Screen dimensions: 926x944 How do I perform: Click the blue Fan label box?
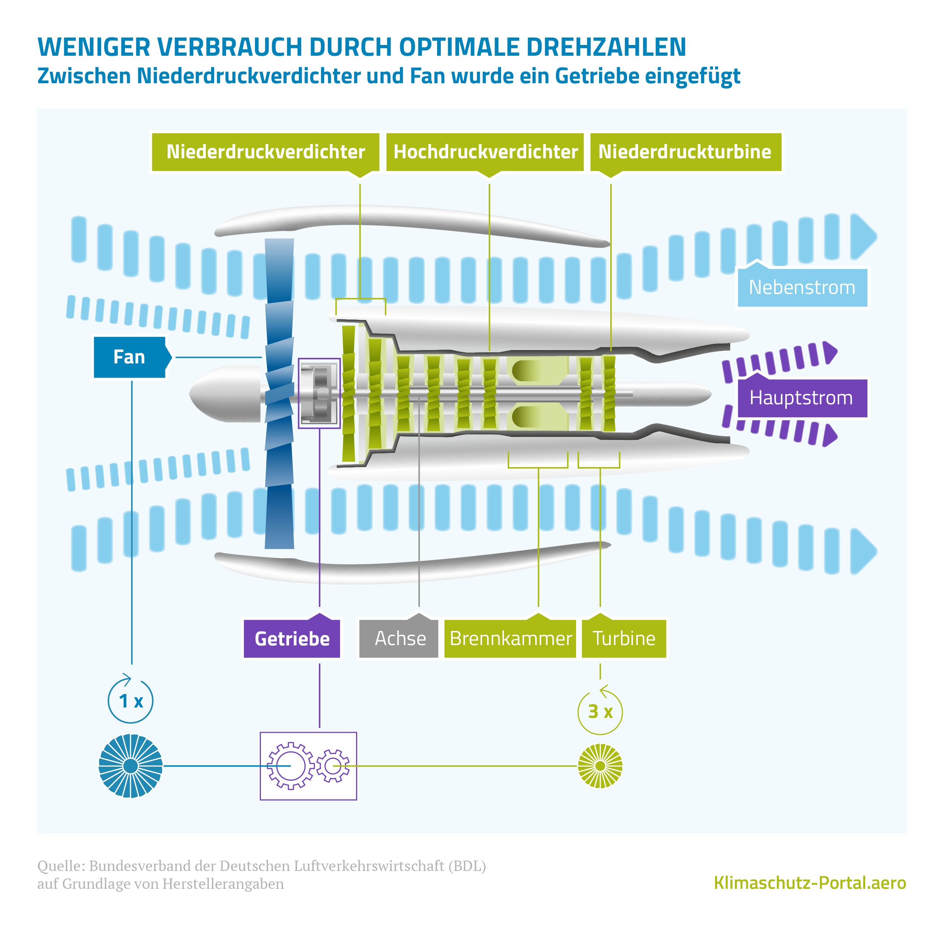coord(129,357)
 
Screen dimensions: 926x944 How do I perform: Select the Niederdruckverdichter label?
coord(265,152)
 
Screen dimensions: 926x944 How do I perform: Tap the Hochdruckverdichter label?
coord(485,152)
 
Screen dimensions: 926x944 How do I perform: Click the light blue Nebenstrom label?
coord(802,288)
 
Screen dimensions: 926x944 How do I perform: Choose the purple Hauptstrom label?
coord(802,398)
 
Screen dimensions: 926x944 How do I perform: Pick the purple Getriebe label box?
coord(292,638)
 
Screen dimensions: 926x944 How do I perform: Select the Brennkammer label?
coord(510,638)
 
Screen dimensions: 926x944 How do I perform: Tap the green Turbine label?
coord(624,638)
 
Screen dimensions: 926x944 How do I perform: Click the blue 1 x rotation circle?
coord(130,701)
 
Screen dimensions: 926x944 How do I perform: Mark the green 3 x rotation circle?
coord(600,712)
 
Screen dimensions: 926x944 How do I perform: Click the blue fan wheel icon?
coord(130,766)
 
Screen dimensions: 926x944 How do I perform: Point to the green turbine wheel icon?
coord(600,766)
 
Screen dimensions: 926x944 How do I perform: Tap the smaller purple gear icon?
coord(333,766)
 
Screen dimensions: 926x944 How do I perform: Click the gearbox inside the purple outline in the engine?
coord(319,394)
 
